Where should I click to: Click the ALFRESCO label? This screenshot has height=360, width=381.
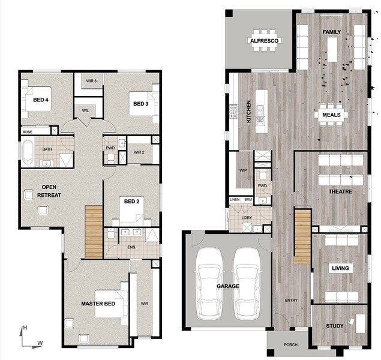coord(264,41)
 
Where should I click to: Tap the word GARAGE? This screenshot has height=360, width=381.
coord(228,286)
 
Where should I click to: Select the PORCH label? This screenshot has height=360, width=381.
coord(290,344)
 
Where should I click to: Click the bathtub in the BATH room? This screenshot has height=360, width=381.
coord(28,152)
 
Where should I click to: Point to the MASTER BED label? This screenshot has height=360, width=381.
coord(98,304)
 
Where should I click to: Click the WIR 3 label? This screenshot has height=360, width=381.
coord(91,81)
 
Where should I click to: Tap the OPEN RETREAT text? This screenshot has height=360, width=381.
coord(49,191)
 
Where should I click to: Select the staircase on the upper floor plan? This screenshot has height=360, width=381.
coord(94,232)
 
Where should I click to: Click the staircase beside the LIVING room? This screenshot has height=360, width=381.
coord(302,236)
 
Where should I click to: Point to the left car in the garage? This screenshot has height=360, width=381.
coord(209,284)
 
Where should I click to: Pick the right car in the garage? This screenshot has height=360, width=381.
coord(247,284)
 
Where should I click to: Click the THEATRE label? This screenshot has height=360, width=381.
coord(340,191)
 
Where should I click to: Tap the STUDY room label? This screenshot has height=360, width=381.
coord(335,326)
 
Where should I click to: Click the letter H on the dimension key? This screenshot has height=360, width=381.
coord(25,328)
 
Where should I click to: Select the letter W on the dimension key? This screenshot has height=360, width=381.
coord(40,343)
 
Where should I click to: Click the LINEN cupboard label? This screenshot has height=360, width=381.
coord(235,199)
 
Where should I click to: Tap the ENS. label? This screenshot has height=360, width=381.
coord(131,247)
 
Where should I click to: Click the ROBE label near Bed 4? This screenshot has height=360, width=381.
coord(27,132)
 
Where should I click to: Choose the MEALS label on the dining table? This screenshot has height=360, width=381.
coord(331,115)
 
